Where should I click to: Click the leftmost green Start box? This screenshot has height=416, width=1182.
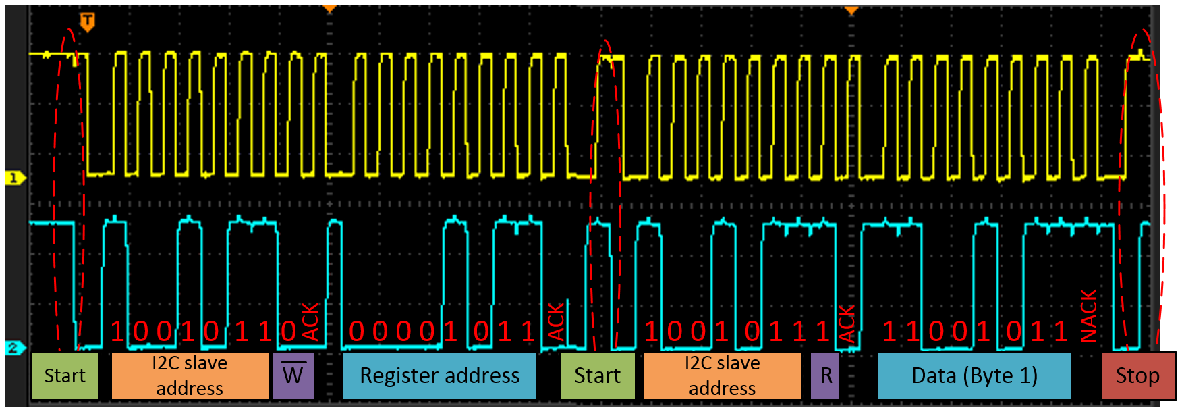[x=65, y=376]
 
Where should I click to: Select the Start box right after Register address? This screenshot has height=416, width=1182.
[x=597, y=376]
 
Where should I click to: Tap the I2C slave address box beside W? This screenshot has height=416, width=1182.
[x=190, y=376]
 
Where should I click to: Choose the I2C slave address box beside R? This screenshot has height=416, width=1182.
[x=722, y=376]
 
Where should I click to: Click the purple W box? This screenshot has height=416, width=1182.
[x=293, y=376]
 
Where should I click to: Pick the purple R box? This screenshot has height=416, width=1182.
[x=824, y=376]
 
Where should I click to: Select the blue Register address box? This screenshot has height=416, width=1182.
[x=439, y=376]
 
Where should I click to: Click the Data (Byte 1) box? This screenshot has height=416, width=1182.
[x=974, y=376]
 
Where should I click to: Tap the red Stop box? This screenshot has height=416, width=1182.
[x=1137, y=376]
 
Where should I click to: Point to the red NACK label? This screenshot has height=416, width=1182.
[x=1089, y=316]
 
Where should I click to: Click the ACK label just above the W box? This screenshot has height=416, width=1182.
[x=310, y=322]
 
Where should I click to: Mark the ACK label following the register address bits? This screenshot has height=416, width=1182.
[x=556, y=322]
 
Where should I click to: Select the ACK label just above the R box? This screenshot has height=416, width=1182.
[x=847, y=323]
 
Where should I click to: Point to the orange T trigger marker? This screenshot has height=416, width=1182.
[x=87, y=22]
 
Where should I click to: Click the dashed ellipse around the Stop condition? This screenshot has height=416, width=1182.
[x=1162, y=189]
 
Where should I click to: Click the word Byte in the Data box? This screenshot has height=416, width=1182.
[x=986, y=376]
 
